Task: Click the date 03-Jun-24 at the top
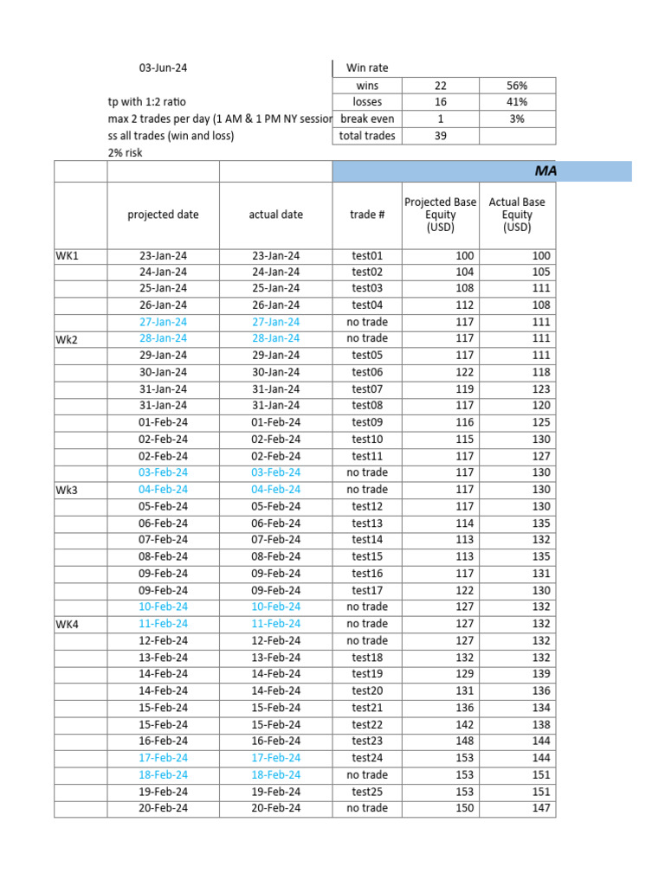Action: coord(163,67)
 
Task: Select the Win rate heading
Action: coord(367,67)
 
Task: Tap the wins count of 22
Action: coord(440,86)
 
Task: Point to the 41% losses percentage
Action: coord(517,102)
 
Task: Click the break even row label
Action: coord(367,119)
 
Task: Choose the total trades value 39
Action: coord(440,136)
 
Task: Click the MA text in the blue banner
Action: coord(546,171)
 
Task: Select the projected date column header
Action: coord(163,215)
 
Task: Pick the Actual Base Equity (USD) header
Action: coord(517,215)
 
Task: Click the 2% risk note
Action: coord(126,152)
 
